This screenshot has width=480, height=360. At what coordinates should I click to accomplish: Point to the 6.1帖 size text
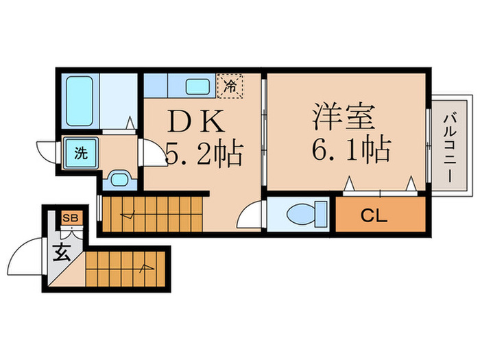coord(351,148)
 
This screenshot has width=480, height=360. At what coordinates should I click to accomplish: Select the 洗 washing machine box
coord(82,153)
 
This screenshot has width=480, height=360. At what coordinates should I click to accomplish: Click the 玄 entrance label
coord(62,252)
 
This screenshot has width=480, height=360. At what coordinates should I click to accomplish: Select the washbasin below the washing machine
coord(120,180)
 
